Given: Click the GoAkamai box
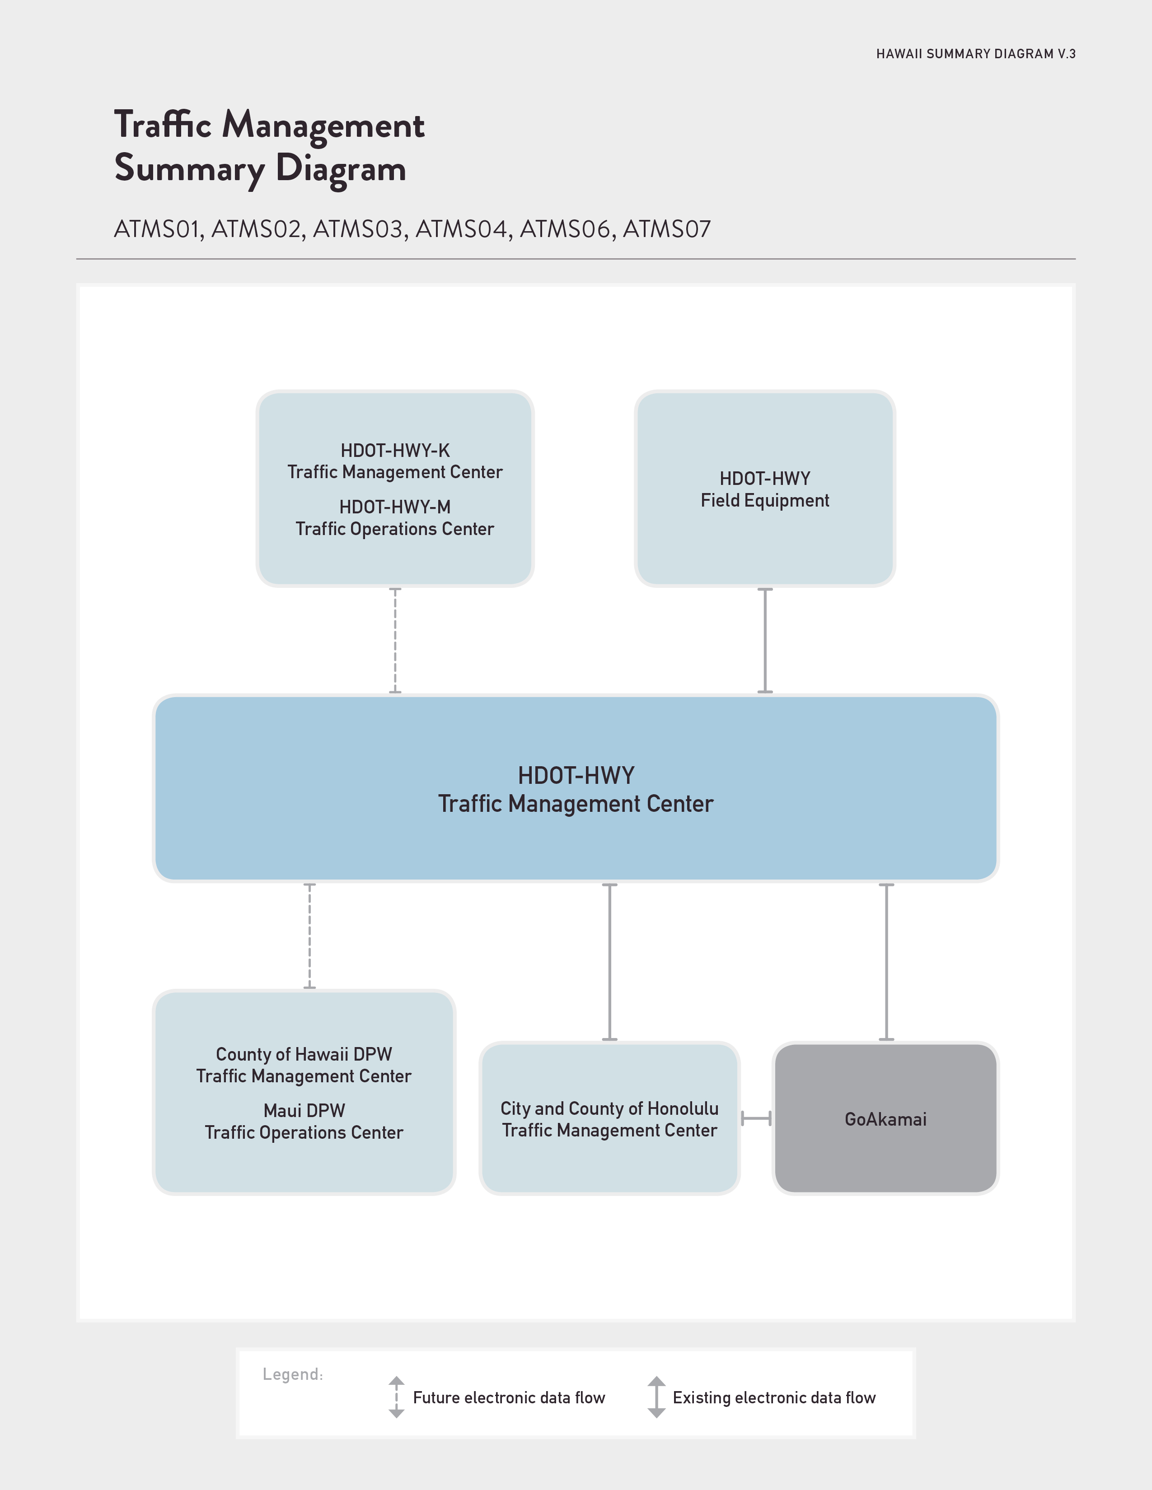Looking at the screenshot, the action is pos(886,1118).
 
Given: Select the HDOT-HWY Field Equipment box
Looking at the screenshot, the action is pos(765,489).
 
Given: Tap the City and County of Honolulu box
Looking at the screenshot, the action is pos(609,1118).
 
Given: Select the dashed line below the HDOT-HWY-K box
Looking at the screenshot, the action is pos(395,641).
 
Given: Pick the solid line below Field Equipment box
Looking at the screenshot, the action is pos(765,641).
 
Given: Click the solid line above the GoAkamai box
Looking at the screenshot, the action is pos(886,962).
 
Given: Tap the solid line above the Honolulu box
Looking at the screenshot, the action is pos(609,962).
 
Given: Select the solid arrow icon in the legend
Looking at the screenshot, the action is pos(656,1397).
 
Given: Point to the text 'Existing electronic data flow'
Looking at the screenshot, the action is pos(774,1398).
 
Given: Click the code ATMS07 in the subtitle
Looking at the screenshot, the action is pos(667,229).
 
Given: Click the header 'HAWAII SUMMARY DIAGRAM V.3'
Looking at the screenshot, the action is pos(976,54).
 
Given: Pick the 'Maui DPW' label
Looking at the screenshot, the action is pos(304,1111).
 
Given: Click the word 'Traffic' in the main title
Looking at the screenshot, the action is pos(163,125).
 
